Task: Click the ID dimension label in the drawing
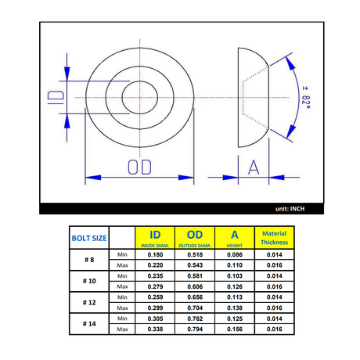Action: (x=56, y=97)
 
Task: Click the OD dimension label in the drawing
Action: (x=139, y=167)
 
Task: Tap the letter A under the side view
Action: (x=254, y=167)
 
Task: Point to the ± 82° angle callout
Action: (x=306, y=98)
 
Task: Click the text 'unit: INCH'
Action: (x=290, y=209)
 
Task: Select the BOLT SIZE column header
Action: (x=89, y=238)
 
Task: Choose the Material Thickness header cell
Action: (x=275, y=238)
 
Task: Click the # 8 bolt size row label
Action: (x=89, y=260)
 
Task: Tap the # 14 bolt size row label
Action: (x=89, y=324)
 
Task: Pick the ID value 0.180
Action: (x=155, y=254)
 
